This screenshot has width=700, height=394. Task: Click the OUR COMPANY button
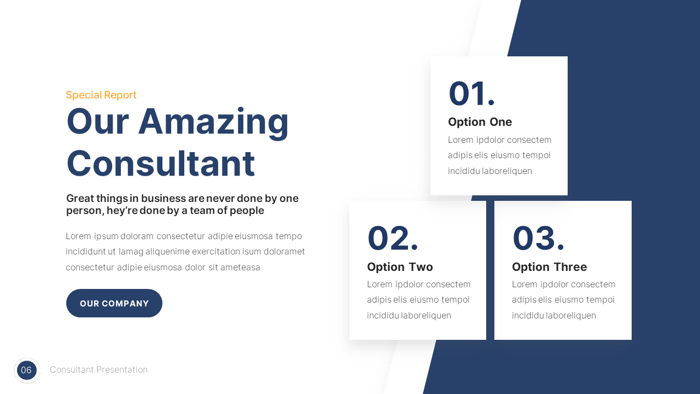[x=114, y=303]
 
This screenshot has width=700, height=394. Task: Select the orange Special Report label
[x=101, y=95]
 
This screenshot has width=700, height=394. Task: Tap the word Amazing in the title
[x=213, y=121]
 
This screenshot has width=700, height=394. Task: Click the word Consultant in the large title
[x=161, y=163]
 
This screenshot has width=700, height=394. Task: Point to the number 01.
[x=471, y=94]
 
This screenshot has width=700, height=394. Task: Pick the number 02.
[x=393, y=239]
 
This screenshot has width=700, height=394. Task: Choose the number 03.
[x=538, y=239]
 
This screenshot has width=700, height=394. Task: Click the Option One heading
[x=480, y=122]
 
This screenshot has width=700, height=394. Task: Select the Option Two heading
[x=400, y=267]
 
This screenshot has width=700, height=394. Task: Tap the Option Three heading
[x=549, y=267]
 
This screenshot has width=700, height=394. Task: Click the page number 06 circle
[x=27, y=370]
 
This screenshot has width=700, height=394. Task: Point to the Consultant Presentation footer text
[x=98, y=370]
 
